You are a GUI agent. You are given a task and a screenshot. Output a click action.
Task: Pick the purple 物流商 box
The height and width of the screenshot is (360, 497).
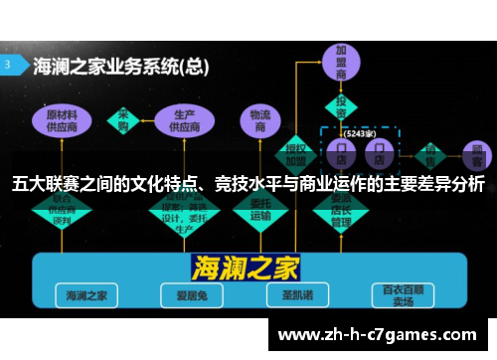click(x=259, y=121)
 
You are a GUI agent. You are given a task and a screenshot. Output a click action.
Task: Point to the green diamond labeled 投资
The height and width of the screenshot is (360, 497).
click(x=341, y=106)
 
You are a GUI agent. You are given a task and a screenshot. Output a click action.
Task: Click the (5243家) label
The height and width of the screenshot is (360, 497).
click(x=359, y=131)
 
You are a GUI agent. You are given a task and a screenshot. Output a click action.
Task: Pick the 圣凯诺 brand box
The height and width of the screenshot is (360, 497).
click(x=291, y=294)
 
